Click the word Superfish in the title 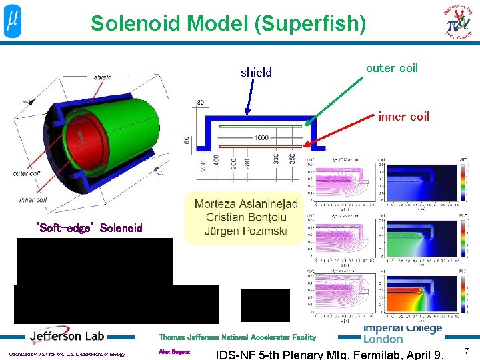[x=321, y=23]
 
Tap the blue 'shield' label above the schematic [x=256, y=73]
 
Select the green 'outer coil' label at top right [x=392, y=68]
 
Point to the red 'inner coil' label [x=403, y=117]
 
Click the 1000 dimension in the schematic [x=261, y=137]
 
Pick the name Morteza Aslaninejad [x=246, y=203]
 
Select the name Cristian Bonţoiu [x=246, y=217]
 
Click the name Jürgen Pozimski [x=246, y=231]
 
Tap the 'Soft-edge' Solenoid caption [x=89, y=228]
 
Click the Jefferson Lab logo [x=67, y=336]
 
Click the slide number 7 [x=467, y=351]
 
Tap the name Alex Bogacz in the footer [x=174, y=351]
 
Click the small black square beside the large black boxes [x=265, y=305]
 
